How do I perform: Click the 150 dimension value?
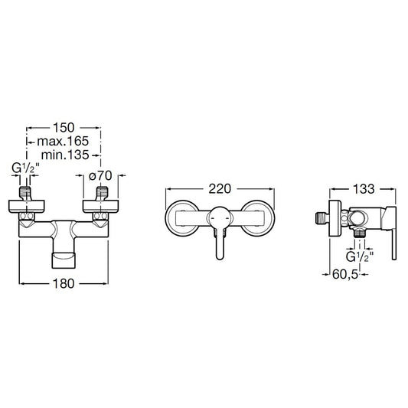pos(64,128)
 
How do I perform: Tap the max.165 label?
pos(63,142)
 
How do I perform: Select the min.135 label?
pos(65,155)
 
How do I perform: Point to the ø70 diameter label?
pos(100,175)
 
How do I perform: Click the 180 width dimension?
pos(64,283)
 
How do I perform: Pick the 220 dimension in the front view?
pos(220,189)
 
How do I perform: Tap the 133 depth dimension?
pos(364,189)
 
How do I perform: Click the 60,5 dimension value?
pos(345,274)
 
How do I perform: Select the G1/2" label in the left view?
pos(25,168)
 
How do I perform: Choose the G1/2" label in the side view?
pos(360,257)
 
